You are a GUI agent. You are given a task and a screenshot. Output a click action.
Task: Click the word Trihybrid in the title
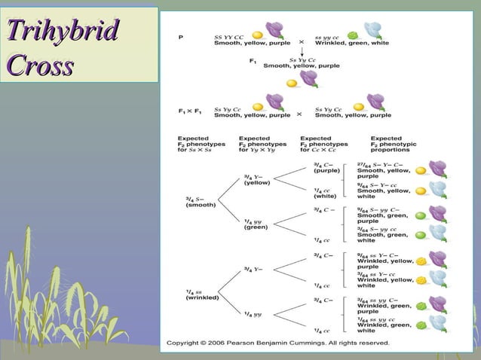click(63, 32)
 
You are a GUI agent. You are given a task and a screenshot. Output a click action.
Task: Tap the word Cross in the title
click(41, 66)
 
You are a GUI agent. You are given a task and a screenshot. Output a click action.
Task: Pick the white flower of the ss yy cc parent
click(373, 30)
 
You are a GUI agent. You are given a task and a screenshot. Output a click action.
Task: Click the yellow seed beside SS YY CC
click(257, 35)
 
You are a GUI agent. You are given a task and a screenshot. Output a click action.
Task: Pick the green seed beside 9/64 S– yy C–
click(421, 216)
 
